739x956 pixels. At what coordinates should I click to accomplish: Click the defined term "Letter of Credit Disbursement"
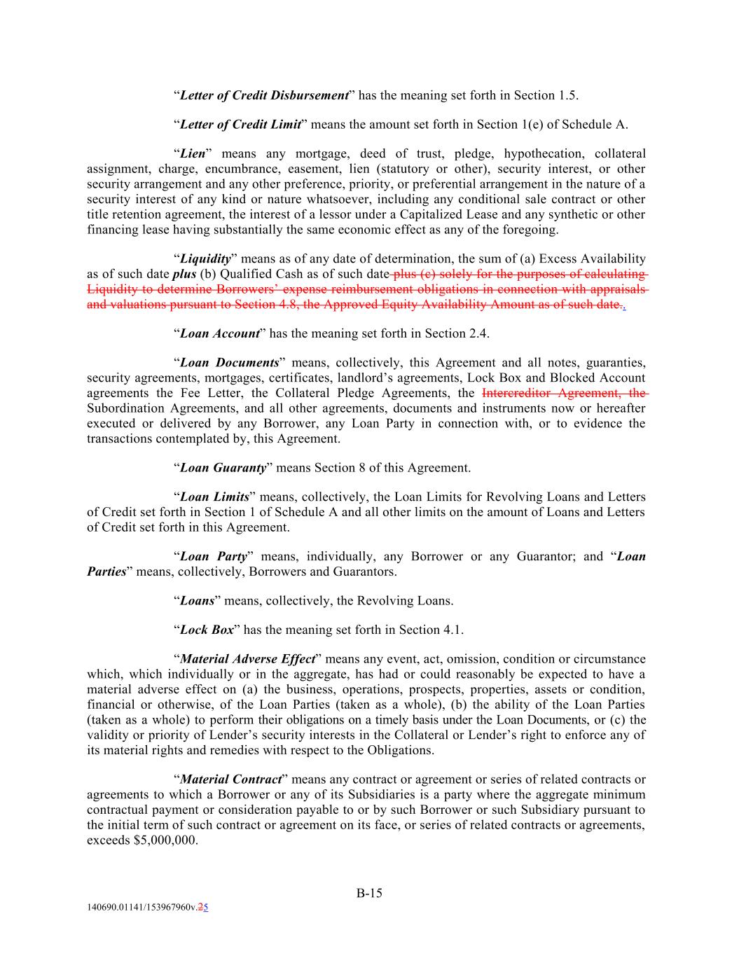click(264, 95)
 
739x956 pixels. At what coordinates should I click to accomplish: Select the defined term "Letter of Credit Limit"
click(240, 125)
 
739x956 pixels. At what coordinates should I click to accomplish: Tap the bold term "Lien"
click(193, 154)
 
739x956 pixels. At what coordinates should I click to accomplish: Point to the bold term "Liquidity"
click(206, 259)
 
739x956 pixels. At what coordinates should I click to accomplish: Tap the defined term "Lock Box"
click(207, 630)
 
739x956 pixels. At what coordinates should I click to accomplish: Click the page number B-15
click(369, 893)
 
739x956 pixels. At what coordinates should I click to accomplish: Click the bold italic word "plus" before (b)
click(184, 275)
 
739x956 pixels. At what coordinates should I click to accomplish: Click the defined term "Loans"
click(197, 601)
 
